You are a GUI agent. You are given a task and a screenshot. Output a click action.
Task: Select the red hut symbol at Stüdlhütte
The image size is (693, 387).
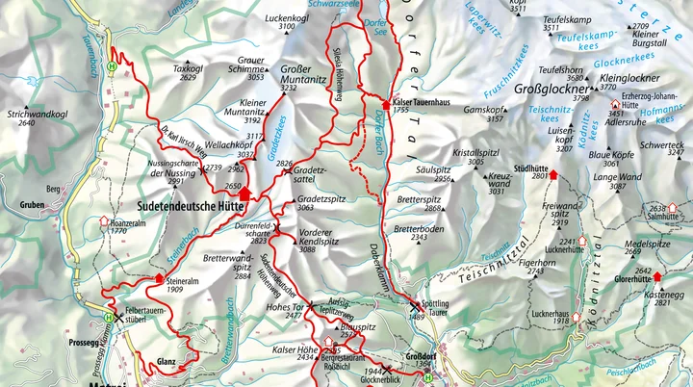(553, 175)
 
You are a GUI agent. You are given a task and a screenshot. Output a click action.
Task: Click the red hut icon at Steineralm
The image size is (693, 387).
(159, 279)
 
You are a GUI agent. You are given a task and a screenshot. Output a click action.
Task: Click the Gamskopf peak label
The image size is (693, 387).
(483, 110)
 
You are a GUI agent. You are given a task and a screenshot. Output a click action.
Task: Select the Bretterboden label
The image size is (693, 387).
(419, 228)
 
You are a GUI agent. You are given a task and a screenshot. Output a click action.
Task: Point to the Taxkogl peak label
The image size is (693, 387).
(190, 68)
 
